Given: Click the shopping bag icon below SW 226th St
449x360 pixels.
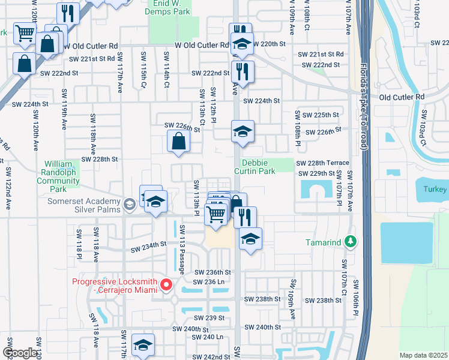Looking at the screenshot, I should click(x=179, y=142).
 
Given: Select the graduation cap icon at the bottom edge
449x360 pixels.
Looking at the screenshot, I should click(x=143, y=345).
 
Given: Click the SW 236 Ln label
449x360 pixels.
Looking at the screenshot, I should click(x=208, y=281).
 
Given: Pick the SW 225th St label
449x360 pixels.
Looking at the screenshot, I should click(x=320, y=115).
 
